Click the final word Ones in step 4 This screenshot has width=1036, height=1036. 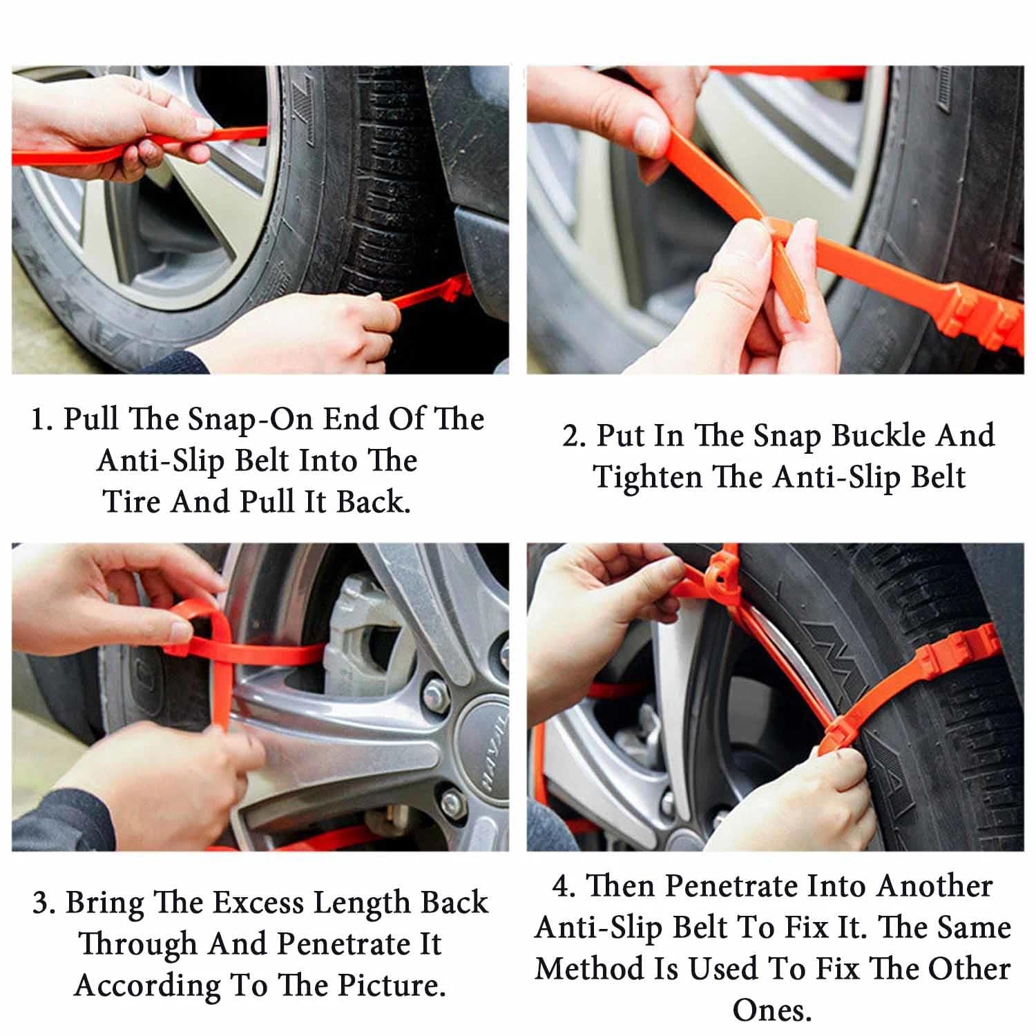click(x=771, y=1010)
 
